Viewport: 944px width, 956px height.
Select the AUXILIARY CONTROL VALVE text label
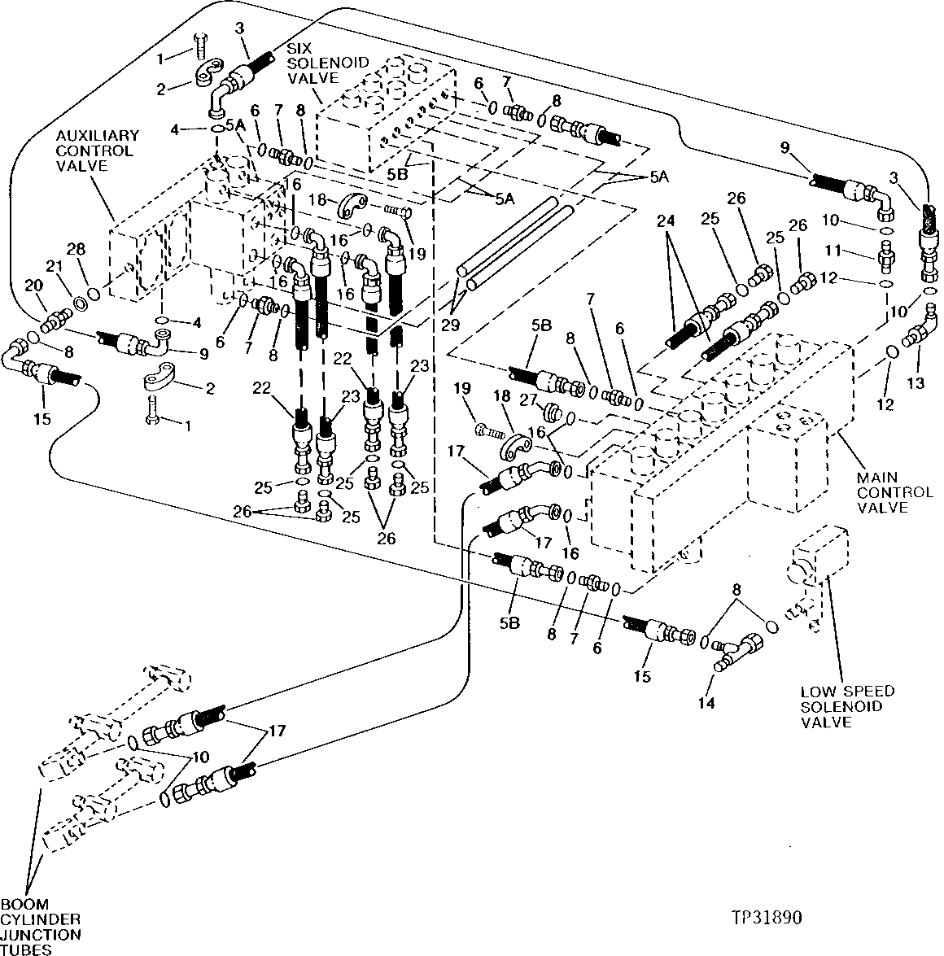[86, 151]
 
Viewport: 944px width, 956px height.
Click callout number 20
[33, 285]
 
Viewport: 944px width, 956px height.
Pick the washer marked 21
[82, 303]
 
